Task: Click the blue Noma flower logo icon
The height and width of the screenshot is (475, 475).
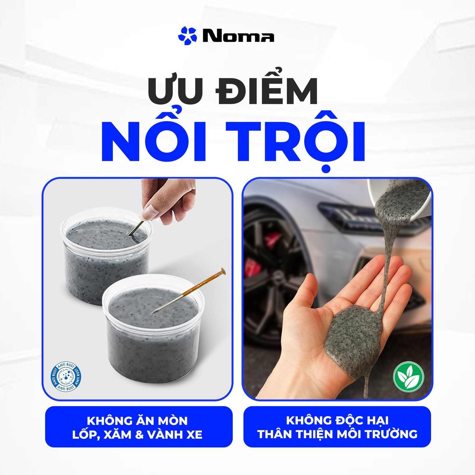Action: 187,36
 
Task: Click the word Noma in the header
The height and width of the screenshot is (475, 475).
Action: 238,36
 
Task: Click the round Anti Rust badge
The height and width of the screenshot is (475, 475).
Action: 66,376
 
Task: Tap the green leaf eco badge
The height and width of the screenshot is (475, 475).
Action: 408,376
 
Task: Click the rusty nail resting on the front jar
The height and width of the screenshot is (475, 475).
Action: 189,290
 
